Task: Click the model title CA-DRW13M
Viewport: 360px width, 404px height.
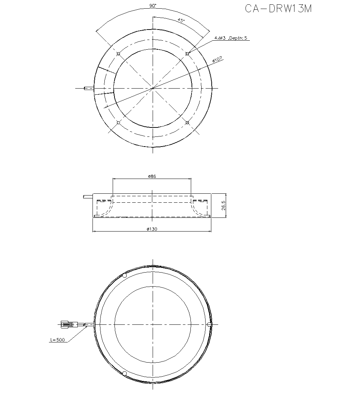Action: pos(278,9)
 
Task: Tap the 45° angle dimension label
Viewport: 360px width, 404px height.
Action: pos(181,21)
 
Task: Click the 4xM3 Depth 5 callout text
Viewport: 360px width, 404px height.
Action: pos(231,38)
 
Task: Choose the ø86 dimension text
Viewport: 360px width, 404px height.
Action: pos(152,176)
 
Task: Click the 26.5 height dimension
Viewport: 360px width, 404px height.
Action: pos(224,205)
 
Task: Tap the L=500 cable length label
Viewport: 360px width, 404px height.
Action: pos(58,340)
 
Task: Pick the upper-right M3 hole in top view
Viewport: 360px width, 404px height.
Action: pos(187,54)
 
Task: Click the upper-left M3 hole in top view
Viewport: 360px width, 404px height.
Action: pos(118,54)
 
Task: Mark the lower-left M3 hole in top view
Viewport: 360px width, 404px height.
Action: pos(118,123)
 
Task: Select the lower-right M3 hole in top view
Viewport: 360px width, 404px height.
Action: pos(187,123)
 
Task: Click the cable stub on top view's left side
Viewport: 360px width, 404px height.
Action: pos(89,88)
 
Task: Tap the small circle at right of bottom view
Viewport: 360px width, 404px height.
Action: pos(209,325)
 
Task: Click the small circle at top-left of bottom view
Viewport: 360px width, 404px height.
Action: pos(125,276)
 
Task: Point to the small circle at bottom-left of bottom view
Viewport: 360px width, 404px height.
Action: pos(125,373)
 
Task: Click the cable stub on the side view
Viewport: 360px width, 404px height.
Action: pos(87,197)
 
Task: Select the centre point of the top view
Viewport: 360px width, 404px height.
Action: pos(153,88)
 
